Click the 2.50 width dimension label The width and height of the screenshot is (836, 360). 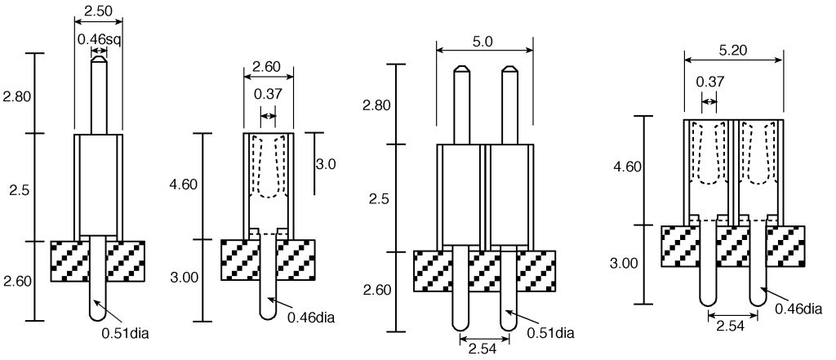tap(99, 11)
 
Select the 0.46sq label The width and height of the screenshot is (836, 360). tap(100, 39)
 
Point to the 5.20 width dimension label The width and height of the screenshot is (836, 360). tap(733, 51)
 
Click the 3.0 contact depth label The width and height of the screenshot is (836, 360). tap(326, 164)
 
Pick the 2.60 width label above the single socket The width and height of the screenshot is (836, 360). tap(266, 67)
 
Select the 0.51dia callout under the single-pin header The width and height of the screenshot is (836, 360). tap(125, 335)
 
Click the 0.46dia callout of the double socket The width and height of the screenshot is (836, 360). tap(798, 309)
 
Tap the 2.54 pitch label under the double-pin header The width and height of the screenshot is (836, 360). tap(482, 349)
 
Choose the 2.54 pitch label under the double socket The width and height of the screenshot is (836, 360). tap(731, 326)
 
